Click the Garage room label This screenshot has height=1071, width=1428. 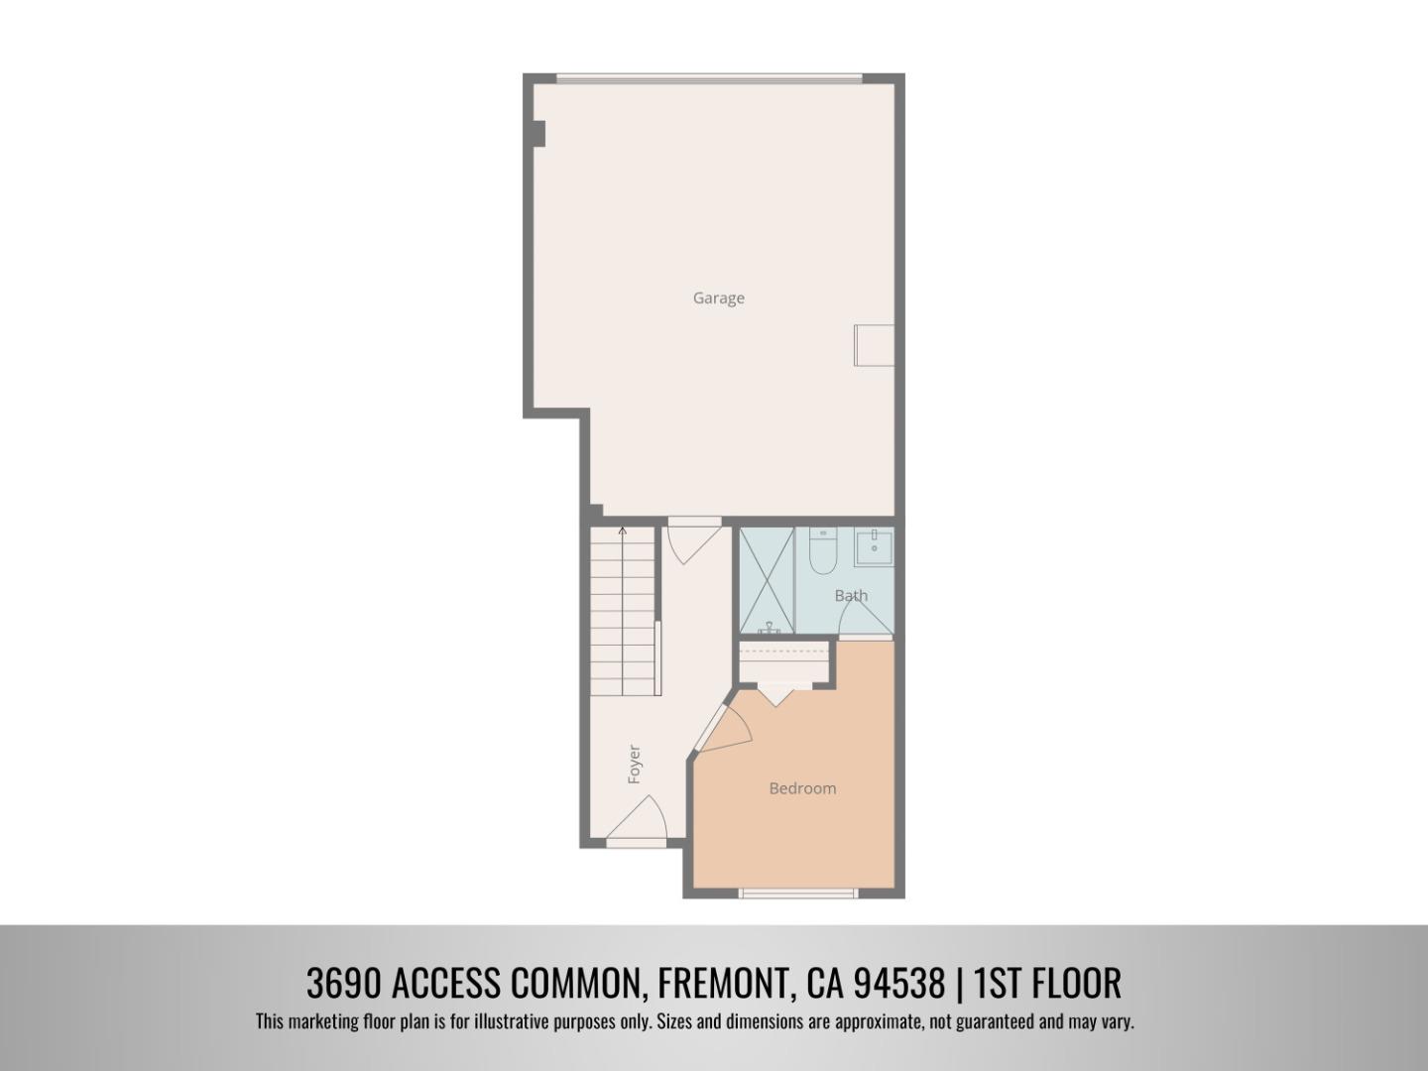click(718, 297)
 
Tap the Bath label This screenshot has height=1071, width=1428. click(851, 595)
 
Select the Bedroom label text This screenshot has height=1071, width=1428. click(802, 788)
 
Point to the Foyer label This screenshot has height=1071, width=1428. click(635, 765)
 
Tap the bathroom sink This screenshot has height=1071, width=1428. click(874, 546)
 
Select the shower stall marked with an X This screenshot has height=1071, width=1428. click(767, 580)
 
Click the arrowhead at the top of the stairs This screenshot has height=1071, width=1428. click(623, 533)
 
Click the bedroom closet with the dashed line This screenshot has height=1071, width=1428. click(784, 663)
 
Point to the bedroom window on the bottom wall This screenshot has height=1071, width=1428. click(798, 893)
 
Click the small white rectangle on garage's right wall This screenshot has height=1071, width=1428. click(874, 344)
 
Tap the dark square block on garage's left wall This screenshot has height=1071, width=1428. click(538, 133)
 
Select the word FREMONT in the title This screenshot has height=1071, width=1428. click(724, 984)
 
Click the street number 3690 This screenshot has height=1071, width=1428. click(343, 984)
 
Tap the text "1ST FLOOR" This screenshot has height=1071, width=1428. click(1047, 984)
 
